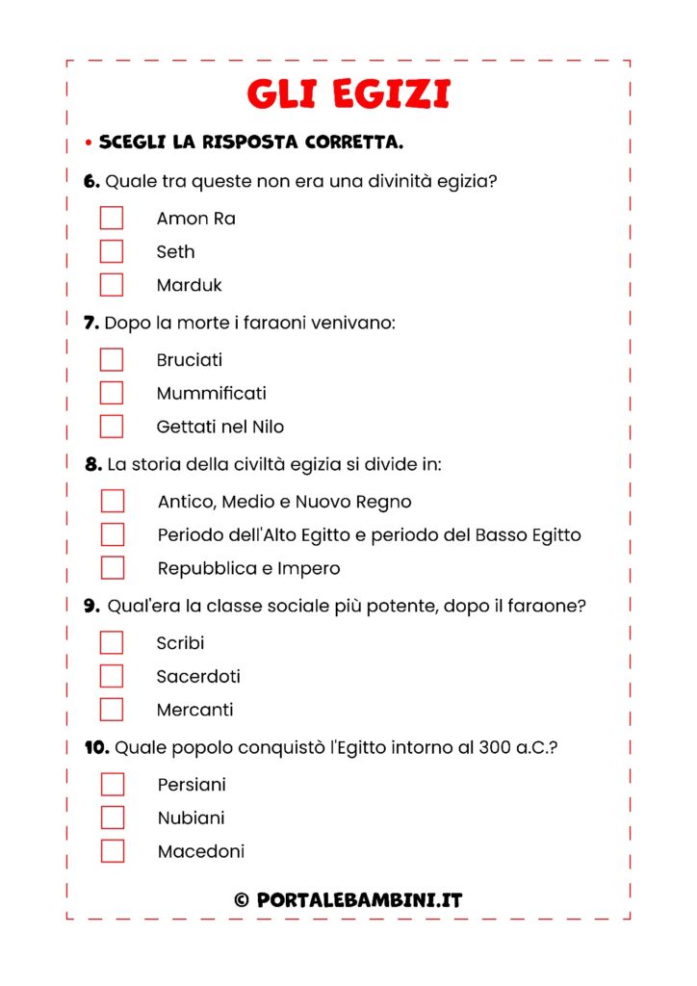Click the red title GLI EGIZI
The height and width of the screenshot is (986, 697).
click(x=348, y=94)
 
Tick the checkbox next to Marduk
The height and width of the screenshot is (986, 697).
click(x=112, y=285)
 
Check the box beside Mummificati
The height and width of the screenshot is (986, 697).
click(x=112, y=393)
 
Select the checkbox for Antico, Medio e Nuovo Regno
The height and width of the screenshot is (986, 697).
click(x=113, y=501)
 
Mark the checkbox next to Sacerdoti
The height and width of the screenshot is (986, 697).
click(x=112, y=676)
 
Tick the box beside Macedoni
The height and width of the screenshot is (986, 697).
click(x=113, y=851)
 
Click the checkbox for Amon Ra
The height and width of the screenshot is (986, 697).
click(x=112, y=218)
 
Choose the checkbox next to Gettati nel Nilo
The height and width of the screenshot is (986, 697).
click(x=112, y=427)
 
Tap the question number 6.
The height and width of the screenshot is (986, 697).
click(x=91, y=181)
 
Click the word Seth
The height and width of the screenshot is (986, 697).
click(x=175, y=251)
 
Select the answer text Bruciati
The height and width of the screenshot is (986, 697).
click(x=189, y=360)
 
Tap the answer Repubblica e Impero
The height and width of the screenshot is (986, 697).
click(x=248, y=568)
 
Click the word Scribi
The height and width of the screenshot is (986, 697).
click(x=180, y=643)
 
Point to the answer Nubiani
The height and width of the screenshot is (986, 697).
click(x=191, y=817)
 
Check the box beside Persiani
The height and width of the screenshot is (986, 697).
click(x=113, y=785)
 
